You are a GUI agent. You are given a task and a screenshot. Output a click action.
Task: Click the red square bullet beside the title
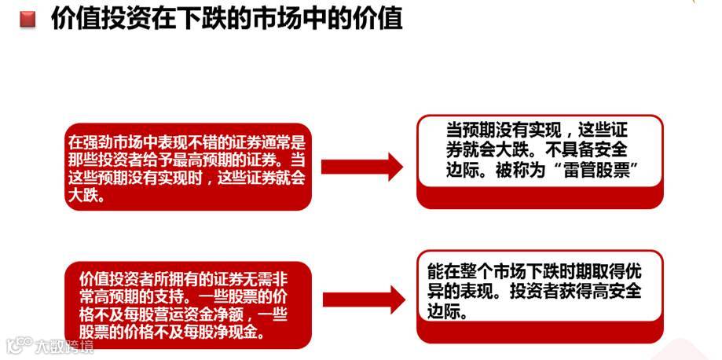tap(28, 19)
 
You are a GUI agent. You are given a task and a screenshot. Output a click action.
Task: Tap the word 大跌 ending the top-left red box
tap(85, 196)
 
